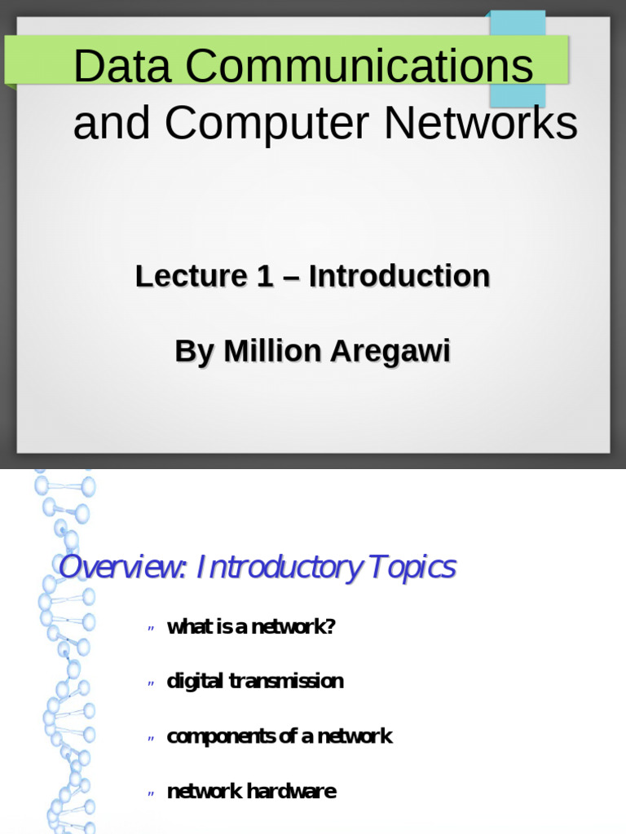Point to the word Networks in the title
click(x=481, y=124)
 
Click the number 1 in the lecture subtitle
click(x=264, y=277)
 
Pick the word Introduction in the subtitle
click(x=399, y=277)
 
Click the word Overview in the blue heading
click(x=121, y=568)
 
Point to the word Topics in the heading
click(x=412, y=568)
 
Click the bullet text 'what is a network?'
click(x=251, y=627)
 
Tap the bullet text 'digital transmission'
click(x=255, y=682)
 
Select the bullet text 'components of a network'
click(x=280, y=737)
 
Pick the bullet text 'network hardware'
click(x=251, y=792)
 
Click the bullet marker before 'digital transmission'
click(x=151, y=683)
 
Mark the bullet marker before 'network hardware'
click(x=151, y=793)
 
